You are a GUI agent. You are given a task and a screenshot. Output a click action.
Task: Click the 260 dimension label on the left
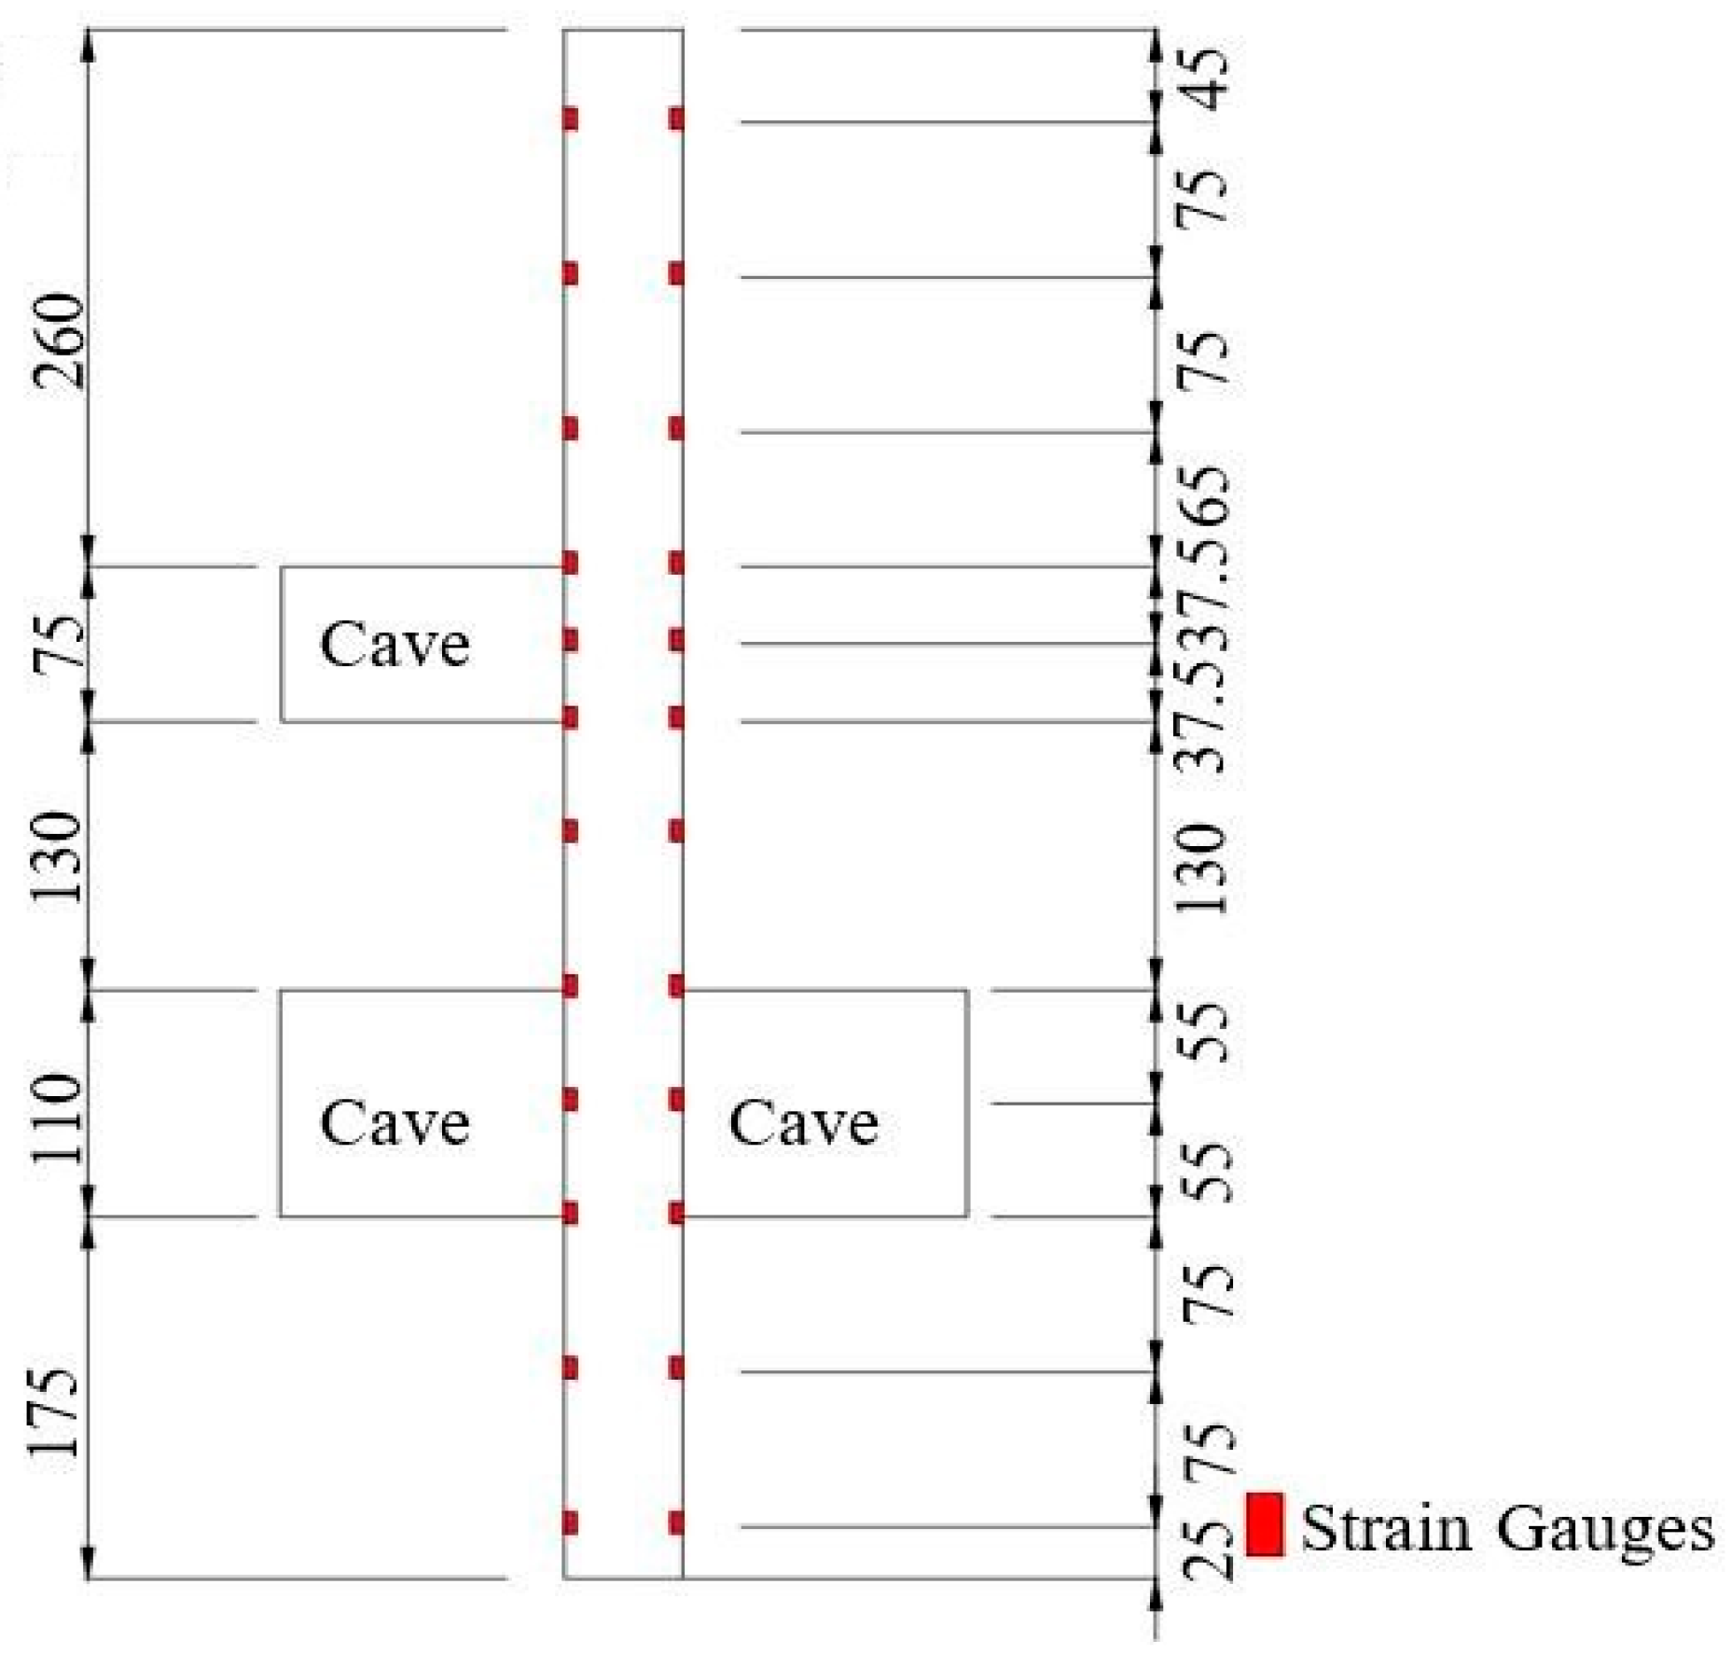tap(58, 341)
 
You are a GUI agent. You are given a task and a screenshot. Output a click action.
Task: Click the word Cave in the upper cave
tap(394, 645)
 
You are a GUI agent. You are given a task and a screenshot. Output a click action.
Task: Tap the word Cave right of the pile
tap(803, 1122)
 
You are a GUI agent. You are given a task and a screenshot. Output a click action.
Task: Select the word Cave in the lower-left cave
tap(394, 1122)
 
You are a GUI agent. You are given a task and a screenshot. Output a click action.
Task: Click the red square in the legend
tap(1265, 1523)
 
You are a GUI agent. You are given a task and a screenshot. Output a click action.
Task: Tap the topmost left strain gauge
tap(571, 119)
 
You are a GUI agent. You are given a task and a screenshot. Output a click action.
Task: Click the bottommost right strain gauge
tap(676, 1523)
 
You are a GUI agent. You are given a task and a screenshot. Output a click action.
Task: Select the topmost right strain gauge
tap(676, 119)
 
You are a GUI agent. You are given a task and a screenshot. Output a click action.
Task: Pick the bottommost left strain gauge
tap(571, 1523)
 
